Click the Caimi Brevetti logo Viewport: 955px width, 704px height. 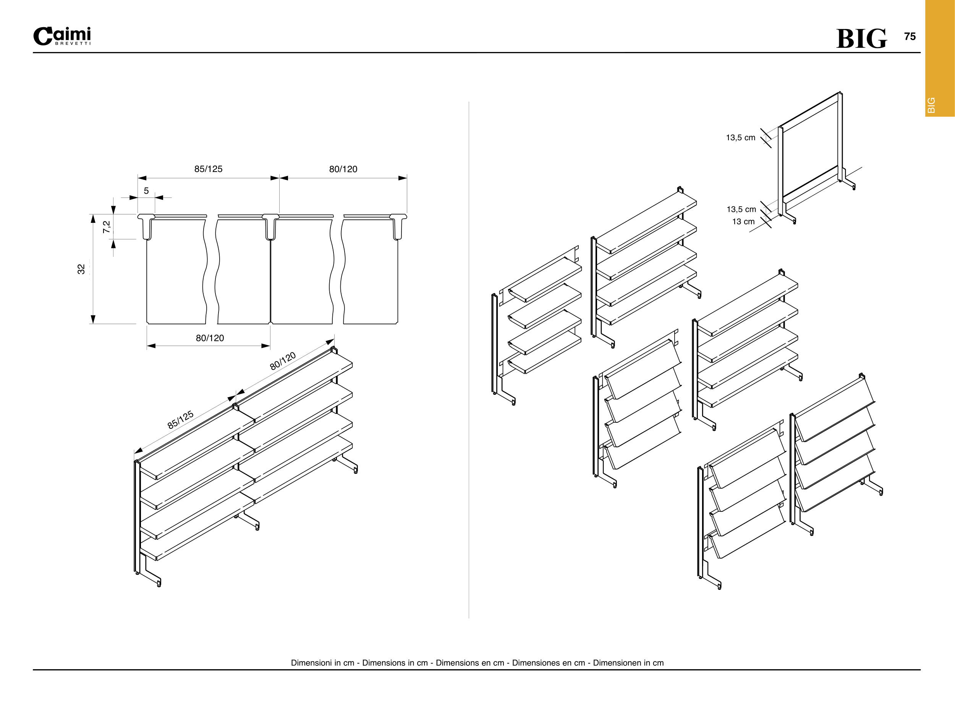(x=62, y=37)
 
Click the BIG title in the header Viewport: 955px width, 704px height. (x=861, y=39)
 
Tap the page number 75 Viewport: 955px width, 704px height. (x=910, y=37)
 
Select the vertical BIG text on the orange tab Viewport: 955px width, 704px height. (x=931, y=105)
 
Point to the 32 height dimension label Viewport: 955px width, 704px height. (x=81, y=269)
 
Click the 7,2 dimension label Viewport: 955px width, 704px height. (x=107, y=226)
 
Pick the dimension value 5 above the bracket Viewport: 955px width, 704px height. (x=146, y=191)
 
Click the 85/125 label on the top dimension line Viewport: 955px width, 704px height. (x=208, y=169)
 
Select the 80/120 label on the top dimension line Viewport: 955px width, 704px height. (x=343, y=169)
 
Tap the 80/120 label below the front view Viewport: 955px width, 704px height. (x=210, y=338)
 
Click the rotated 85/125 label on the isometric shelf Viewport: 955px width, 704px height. (x=181, y=420)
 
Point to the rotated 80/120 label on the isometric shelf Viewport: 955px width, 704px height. (x=283, y=361)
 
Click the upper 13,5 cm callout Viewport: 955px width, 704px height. (x=740, y=138)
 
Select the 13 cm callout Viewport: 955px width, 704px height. (x=743, y=222)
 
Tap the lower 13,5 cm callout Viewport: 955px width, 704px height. (x=741, y=209)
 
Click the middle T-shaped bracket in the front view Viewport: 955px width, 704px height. (x=270, y=226)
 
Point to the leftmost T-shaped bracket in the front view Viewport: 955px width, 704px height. (x=146, y=226)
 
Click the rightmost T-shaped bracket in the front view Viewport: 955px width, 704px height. (x=398, y=226)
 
